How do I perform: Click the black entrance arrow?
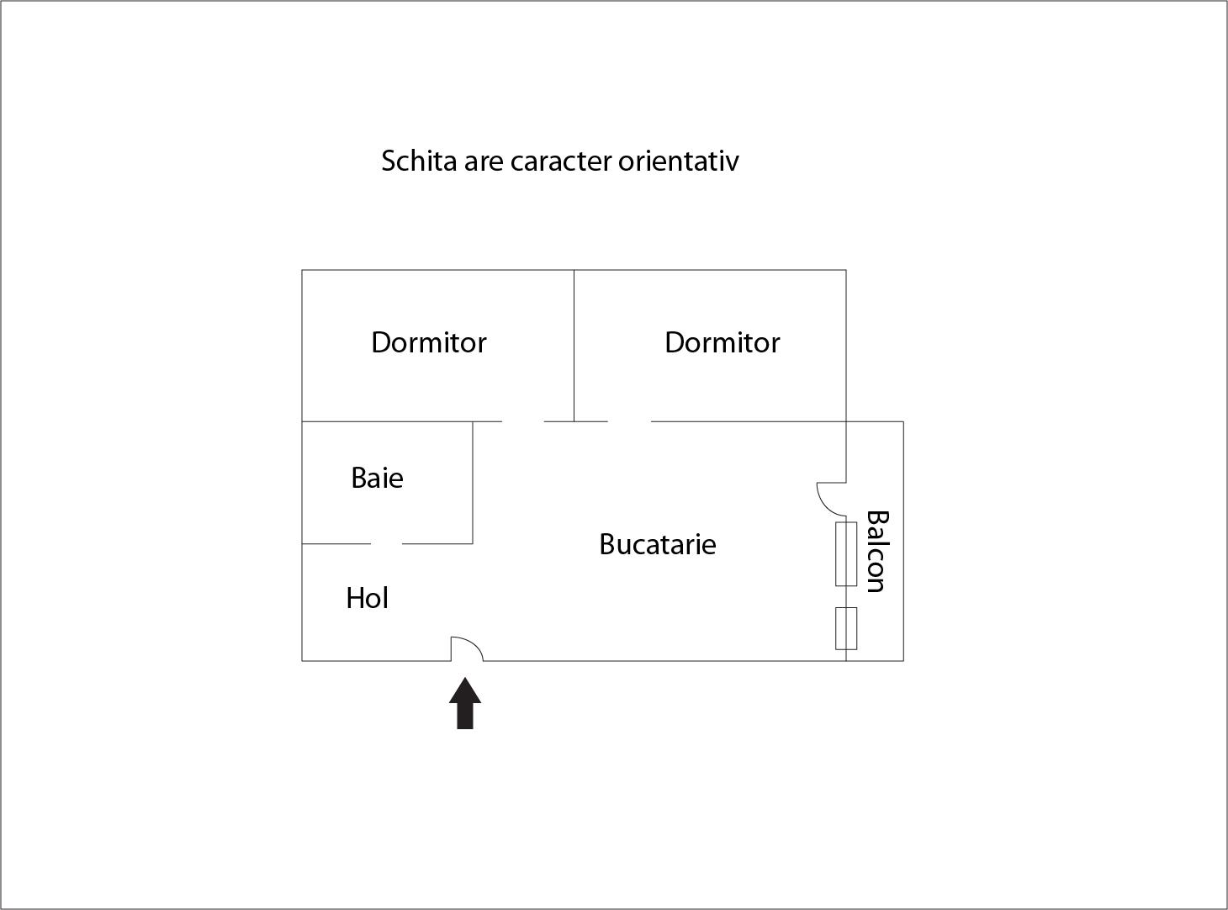[x=465, y=703]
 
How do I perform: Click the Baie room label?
[x=377, y=478]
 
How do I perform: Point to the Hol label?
[x=367, y=598]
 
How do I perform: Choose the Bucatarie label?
[x=658, y=544]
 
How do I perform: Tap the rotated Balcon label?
[x=877, y=551]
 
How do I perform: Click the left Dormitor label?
[x=428, y=342]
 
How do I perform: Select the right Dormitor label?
[x=722, y=342]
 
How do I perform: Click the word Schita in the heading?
[x=419, y=161]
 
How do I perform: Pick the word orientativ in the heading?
[x=678, y=161]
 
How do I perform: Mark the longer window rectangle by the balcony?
[x=846, y=554]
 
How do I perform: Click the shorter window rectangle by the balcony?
[x=846, y=628]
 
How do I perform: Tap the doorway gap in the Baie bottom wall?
[x=386, y=544]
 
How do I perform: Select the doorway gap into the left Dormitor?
[x=523, y=421]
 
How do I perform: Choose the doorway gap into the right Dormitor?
[x=629, y=421]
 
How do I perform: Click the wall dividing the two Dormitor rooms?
[x=574, y=346]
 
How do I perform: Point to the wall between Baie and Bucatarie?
[x=473, y=483]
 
